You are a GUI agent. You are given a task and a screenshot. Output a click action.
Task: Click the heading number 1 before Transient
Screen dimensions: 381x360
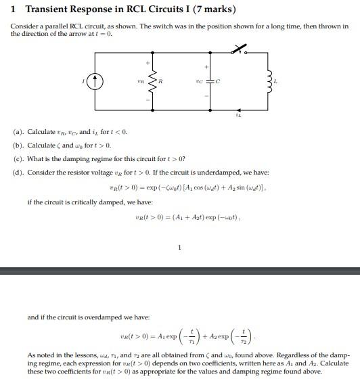14,9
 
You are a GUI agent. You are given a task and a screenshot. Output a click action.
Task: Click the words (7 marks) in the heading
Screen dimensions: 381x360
212,9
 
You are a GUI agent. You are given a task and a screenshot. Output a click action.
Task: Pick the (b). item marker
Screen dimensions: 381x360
18,145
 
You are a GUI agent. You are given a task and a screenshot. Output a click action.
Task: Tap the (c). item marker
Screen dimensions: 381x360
18,158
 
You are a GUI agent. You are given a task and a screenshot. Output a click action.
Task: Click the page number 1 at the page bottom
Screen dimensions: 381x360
179,247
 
